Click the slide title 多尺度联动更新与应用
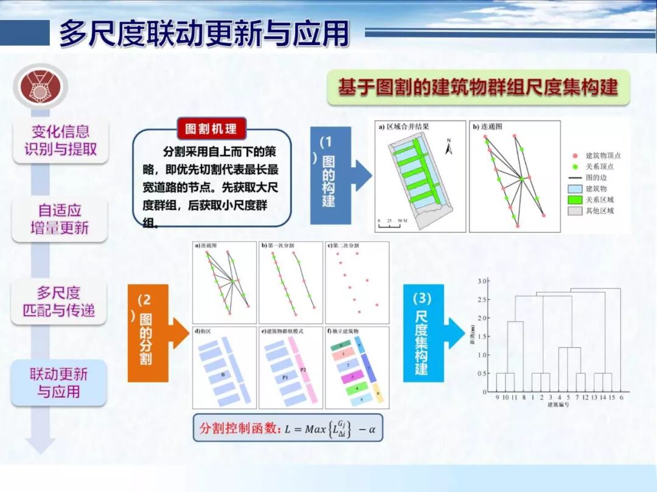pyautogui.click(x=204, y=33)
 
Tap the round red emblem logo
pyautogui.click(x=41, y=86)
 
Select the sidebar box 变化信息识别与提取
pyautogui.click(x=60, y=140)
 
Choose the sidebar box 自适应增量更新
pyautogui.click(x=60, y=219)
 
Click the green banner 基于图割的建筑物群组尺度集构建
pyautogui.click(x=478, y=87)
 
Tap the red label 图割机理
pyautogui.click(x=211, y=129)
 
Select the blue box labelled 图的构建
pyautogui.click(x=330, y=176)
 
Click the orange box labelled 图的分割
pyautogui.click(x=147, y=332)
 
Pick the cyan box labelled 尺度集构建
pyautogui.click(x=423, y=333)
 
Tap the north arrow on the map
pyautogui.click(x=449, y=146)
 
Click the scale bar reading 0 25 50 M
pyautogui.click(x=392, y=223)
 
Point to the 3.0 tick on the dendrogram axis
pyautogui.click(x=482, y=281)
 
